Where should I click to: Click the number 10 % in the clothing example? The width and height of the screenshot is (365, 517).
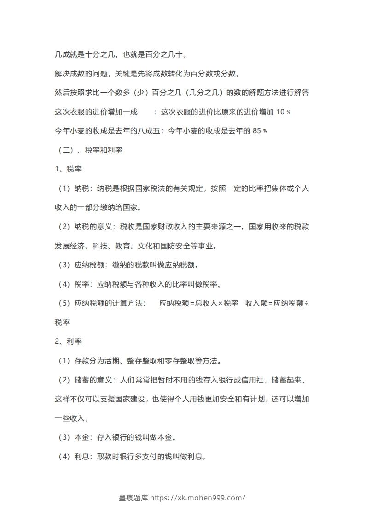(283, 112)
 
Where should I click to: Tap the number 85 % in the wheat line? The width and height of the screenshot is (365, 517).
(259, 131)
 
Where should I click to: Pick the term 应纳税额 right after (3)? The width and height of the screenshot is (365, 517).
(89, 265)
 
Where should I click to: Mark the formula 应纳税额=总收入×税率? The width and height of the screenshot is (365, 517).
(198, 303)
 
